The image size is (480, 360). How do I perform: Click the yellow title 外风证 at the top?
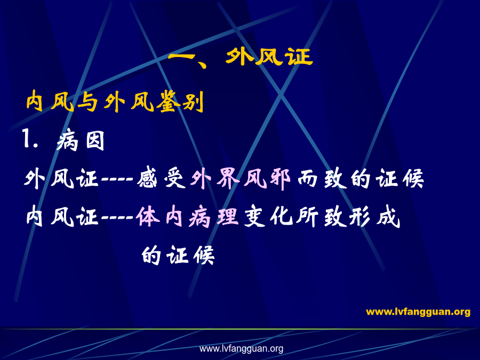click(269, 57)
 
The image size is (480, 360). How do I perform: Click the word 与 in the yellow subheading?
click(87, 102)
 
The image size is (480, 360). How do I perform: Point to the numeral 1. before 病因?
click(30, 139)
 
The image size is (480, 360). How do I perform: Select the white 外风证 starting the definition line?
click(61, 179)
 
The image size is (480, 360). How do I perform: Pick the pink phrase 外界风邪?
click(241, 179)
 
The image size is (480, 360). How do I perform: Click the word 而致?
click(322, 179)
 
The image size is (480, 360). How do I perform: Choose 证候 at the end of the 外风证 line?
click(399, 179)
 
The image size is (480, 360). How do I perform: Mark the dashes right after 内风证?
click(117, 218)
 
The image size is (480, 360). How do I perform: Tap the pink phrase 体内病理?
click(187, 217)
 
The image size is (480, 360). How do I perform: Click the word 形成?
click(374, 217)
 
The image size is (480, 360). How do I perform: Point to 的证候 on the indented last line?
click(178, 255)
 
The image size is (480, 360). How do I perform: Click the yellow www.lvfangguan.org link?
click(418, 311)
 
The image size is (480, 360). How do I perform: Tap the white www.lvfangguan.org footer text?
click(241, 348)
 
